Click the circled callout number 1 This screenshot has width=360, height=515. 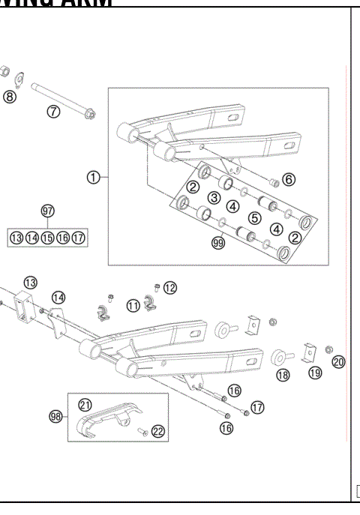coord(93,178)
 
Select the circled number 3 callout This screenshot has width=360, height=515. coord(214,198)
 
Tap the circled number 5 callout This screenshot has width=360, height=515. coord(254,218)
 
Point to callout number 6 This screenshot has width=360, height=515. coord(289,179)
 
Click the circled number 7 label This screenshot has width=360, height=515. coord(53,112)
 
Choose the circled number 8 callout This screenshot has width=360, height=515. coord(10,96)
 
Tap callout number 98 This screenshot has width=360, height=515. coord(55,417)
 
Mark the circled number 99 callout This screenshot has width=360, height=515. coord(218,244)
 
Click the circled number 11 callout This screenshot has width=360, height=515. coord(133,305)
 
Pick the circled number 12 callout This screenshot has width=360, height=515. coord(170,288)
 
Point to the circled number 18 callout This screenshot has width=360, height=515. coord(283,375)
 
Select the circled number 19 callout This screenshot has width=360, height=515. coord(314,372)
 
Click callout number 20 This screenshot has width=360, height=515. coord(338,362)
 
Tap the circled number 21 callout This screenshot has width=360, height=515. coord(85,404)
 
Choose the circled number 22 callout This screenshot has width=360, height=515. coord(157,430)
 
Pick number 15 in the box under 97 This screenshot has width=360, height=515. coord(47,238)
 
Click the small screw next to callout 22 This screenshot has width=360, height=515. coord(141,431)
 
